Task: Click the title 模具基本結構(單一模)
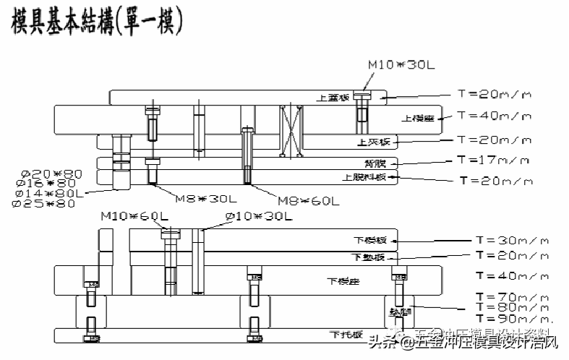click(x=97, y=22)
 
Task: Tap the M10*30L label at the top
click(x=402, y=65)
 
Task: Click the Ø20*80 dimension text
click(x=54, y=174)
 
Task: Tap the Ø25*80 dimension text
click(x=45, y=203)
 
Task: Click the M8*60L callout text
click(x=309, y=201)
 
